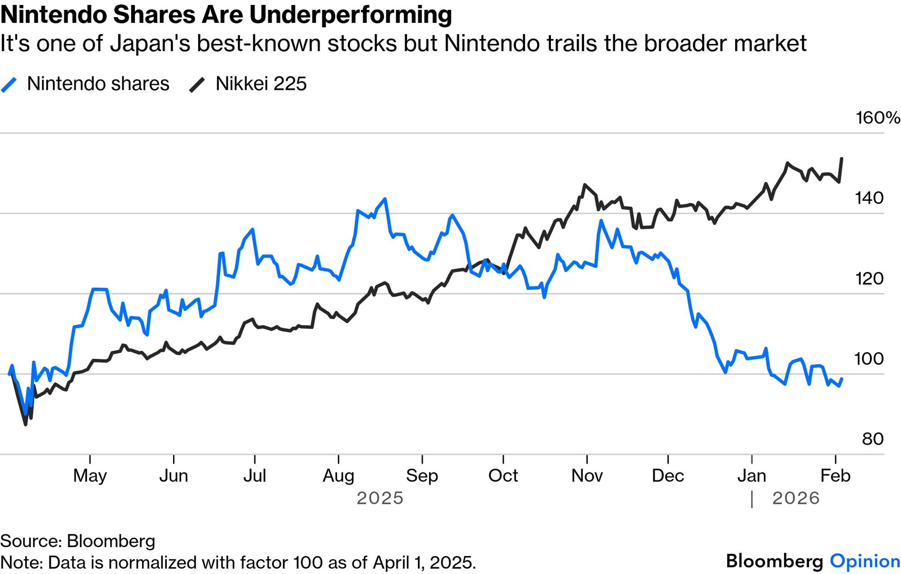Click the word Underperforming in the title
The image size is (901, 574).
click(351, 15)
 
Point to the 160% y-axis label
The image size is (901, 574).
click(877, 118)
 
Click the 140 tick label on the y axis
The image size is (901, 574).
click(869, 198)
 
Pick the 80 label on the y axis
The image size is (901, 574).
click(873, 439)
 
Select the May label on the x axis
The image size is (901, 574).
click(90, 476)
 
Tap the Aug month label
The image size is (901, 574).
click(338, 476)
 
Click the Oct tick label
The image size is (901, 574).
click(503, 476)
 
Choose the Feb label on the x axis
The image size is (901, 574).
click(835, 476)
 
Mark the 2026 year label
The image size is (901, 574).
click(796, 499)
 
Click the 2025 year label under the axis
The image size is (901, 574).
click(380, 499)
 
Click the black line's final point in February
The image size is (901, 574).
click(842, 159)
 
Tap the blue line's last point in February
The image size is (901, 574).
click(842, 379)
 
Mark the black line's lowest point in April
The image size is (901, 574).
click(26, 424)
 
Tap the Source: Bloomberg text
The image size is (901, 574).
click(78, 541)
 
